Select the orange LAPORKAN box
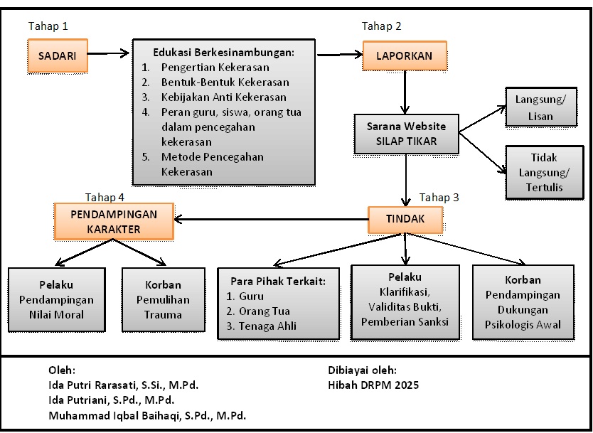click(x=403, y=55)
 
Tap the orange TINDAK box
click(x=405, y=219)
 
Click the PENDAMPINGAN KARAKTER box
click(x=114, y=221)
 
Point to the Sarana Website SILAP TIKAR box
click(x=406, y=134)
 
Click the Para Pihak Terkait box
click(x=277, y=304)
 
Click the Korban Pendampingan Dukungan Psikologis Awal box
click(x=523, y=302)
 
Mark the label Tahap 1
click(x=48, y=26)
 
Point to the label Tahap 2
click(x=382, y=26)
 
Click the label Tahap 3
click(x=439, y=197)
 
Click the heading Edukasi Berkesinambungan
click(x=223, y=52)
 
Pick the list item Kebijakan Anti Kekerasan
click(x=223, y=97)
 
